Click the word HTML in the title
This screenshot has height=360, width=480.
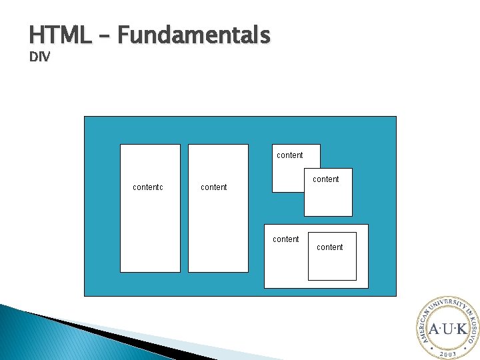59,34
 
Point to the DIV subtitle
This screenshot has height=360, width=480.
39,57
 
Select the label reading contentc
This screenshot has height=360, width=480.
148,187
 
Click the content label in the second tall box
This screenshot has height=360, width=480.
213,187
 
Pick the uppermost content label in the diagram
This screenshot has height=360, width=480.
289,155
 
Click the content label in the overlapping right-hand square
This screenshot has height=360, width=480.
325,179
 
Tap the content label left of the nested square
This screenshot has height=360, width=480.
285,239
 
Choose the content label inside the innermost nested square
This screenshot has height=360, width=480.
329,247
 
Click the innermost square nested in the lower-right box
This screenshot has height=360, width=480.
332,263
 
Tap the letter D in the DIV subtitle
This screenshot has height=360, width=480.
33,57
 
